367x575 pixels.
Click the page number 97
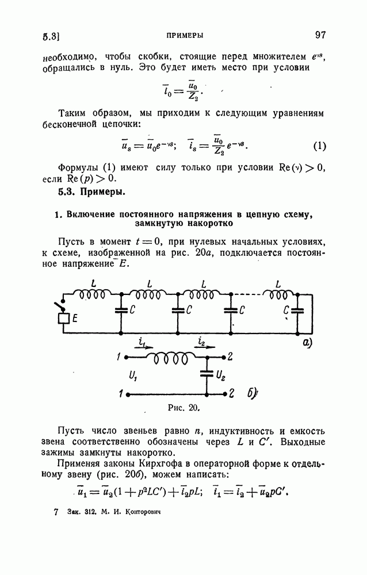[320, 35]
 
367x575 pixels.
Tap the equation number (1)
[320, 145]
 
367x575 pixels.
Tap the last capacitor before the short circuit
[297, 311]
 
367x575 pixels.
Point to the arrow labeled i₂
[205, 346]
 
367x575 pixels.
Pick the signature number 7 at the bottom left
[56, 511]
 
